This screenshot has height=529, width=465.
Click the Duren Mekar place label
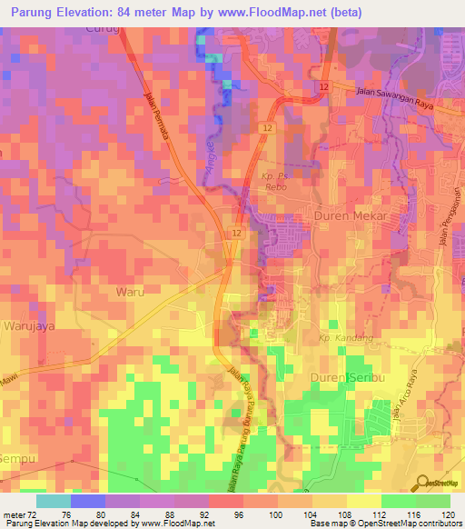350,216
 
